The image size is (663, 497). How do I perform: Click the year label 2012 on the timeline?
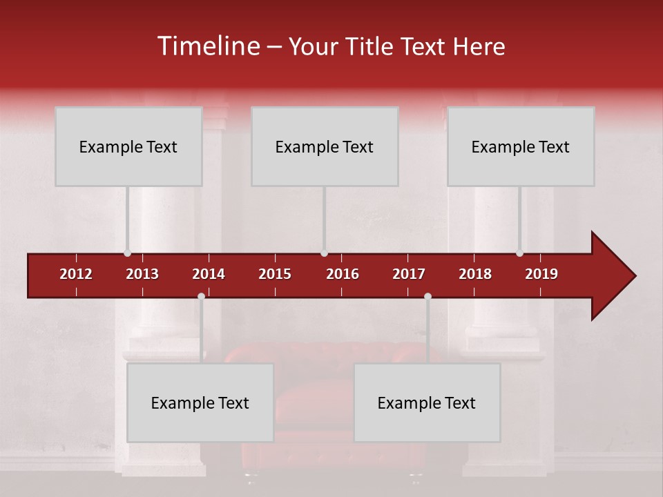(76, 274)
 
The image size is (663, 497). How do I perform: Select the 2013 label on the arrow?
(142, 274)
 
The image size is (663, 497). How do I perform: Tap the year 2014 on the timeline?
(209, 274)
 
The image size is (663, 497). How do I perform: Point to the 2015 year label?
(275, 274)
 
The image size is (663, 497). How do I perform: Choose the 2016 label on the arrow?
(343, 274)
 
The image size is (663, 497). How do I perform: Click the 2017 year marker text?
(409, 274)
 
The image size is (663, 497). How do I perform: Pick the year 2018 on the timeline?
(475, 274)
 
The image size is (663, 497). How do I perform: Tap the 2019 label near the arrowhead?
(541, 274)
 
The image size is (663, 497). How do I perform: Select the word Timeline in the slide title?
(207, 46)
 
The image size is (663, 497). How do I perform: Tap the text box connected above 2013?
(128, 146)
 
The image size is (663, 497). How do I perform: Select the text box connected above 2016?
(325, 146)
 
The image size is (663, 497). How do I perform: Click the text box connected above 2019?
(521, 146)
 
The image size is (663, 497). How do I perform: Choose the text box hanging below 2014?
(200, 402)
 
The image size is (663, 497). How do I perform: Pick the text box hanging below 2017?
(427, 402)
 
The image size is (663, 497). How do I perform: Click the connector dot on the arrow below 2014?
(201, 296)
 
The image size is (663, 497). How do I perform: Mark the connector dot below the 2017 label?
(427, 296)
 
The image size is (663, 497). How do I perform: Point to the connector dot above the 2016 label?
(324, 253)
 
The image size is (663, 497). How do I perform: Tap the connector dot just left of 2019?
(519, 253)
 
